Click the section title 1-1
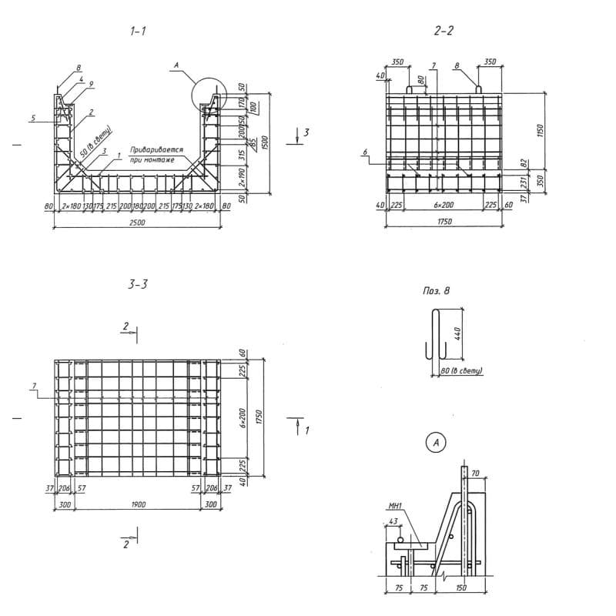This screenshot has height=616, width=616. (x=139, y=32)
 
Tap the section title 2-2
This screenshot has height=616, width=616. (x=444, y=32)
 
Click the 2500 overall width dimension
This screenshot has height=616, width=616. (x=139, y=223)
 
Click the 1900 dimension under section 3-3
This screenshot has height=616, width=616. (x=139, y=504)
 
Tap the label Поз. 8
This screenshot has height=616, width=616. (x=436, y=291)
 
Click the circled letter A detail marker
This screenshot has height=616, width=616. (x=437, y=443)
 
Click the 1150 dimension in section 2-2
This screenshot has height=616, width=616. (x=541, y=129)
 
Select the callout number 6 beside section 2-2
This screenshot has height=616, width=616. (x=363, y=153)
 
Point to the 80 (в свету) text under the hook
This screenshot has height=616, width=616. (x=460, y=372)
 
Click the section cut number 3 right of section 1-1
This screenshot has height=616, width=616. (x=306, y=133)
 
